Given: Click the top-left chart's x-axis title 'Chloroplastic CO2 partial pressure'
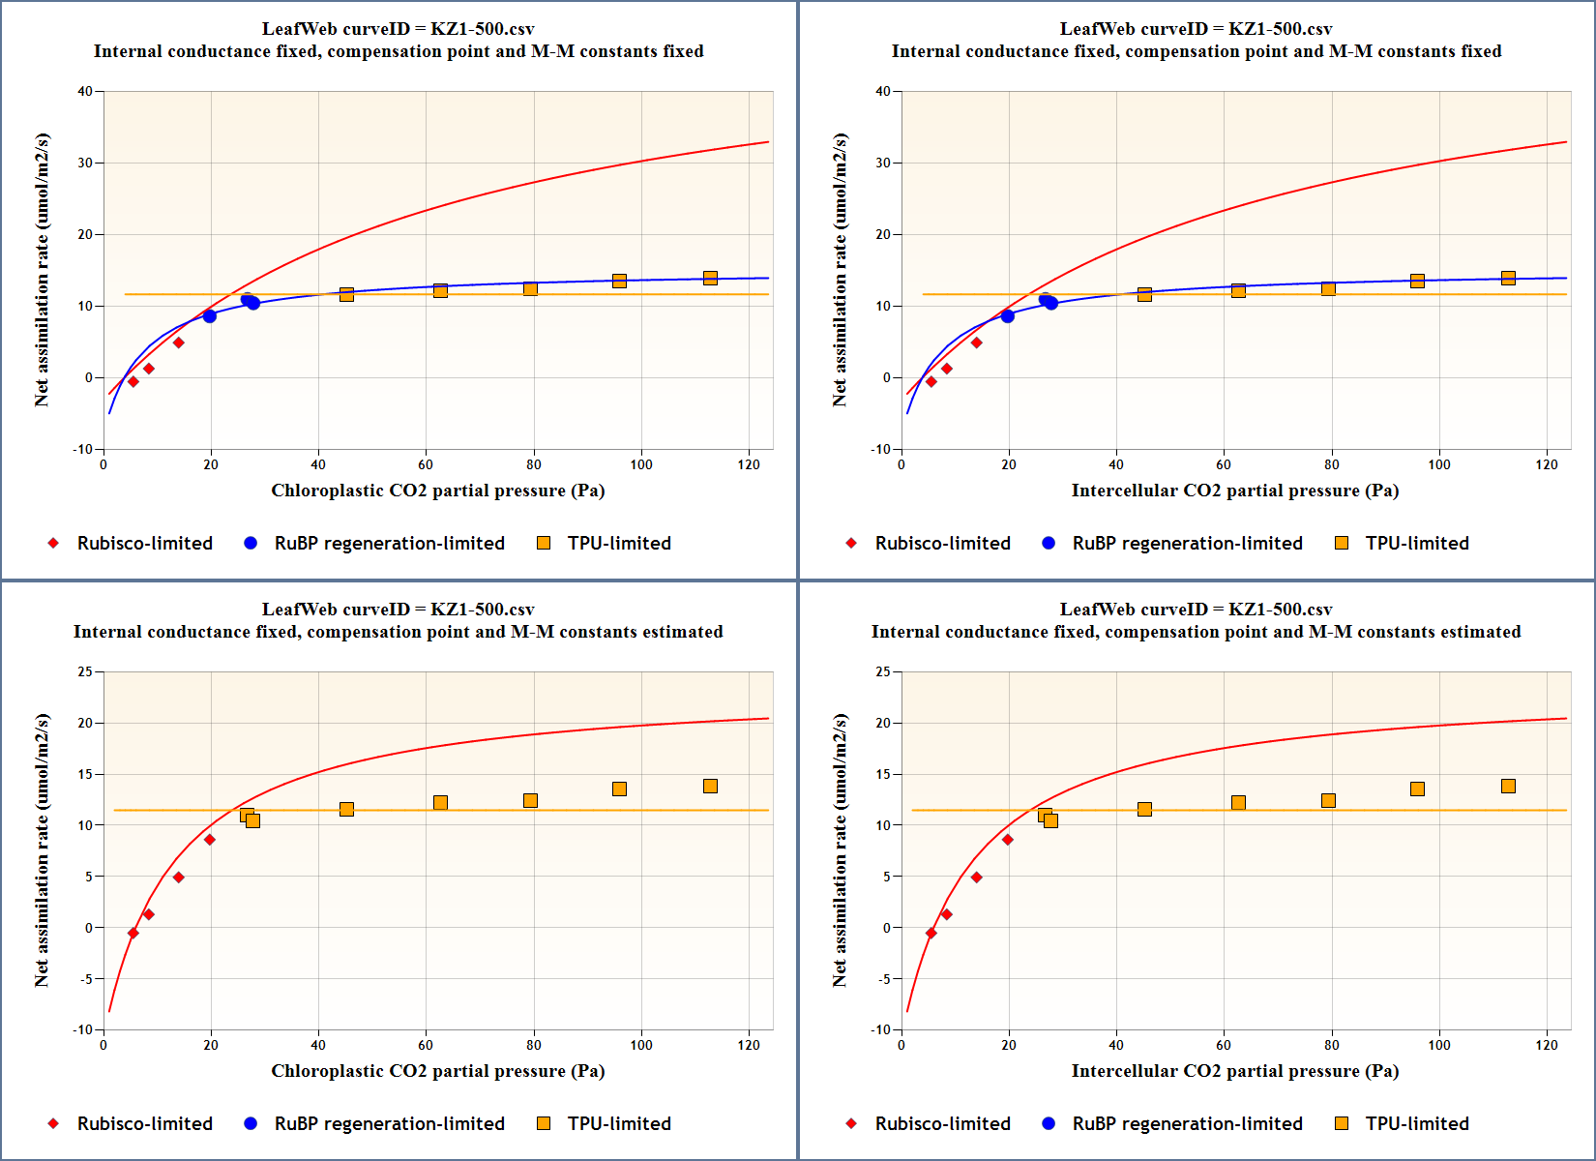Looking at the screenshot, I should (x=437, y=491).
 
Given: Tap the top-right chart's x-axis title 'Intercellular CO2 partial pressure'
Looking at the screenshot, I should (x=1234, y=491).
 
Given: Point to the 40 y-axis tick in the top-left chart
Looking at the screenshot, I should (x=86, y=92).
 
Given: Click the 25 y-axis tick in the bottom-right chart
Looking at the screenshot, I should (x=884, y=672).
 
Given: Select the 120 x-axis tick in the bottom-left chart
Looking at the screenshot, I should (x=749, y=1045).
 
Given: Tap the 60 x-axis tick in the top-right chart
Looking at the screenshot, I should (x=1224, y=464).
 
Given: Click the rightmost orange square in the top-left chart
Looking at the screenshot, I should (x=710, y=279).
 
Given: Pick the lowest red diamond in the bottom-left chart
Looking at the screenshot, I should (x=133, y=934).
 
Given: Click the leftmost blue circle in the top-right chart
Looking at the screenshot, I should (x=1008, y=316).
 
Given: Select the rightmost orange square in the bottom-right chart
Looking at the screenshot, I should (x=1508, y=787).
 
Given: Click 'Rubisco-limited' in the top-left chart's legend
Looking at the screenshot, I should (x=145, y=544).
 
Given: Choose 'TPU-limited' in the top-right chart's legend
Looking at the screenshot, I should (x=1417, y=544).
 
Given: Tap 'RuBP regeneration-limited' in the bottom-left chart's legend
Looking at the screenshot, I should (x=390, y=1124).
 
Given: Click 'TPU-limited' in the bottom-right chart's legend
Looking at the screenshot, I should (x=1417, y=1124).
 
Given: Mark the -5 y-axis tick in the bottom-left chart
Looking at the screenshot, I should (x=86, y=979).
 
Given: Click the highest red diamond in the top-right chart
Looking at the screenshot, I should (x=976, y=342).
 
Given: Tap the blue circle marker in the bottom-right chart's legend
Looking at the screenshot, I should (x=1049, y=1123).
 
